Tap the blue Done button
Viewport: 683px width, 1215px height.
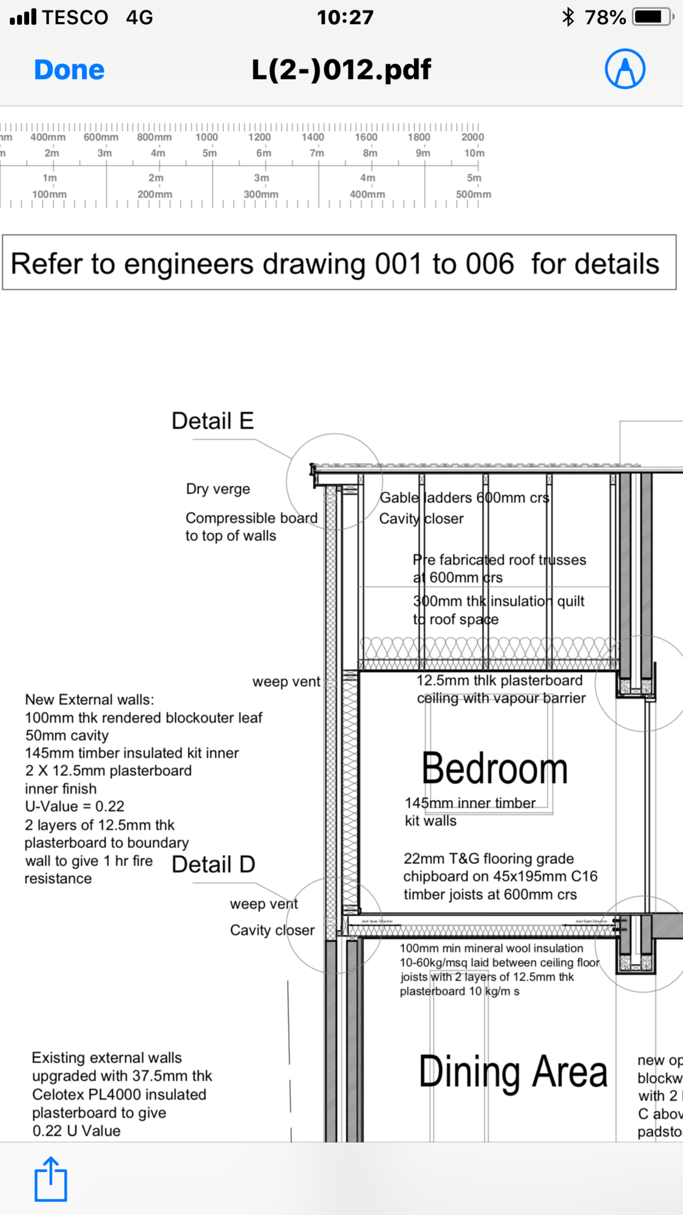69,70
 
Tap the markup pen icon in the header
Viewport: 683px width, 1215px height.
625,69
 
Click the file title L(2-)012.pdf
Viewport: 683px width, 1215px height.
341,70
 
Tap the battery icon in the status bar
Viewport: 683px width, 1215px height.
653,17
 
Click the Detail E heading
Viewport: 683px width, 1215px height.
212,421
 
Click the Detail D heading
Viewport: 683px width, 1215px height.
213,864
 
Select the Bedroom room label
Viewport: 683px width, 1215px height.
494,769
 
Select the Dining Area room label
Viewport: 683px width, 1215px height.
513,1072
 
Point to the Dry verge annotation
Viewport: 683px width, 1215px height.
218,489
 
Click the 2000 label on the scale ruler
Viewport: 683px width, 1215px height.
472,137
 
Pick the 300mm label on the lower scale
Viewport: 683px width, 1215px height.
261,194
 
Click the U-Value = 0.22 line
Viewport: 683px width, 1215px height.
75,806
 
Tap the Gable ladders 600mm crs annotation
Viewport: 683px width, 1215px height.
464,498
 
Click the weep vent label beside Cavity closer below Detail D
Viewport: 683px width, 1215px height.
263,904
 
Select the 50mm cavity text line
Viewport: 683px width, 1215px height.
67,735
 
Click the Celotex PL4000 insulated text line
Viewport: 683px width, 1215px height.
119,1094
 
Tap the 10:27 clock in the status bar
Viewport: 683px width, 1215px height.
345,17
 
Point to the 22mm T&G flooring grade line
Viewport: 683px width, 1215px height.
489,858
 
